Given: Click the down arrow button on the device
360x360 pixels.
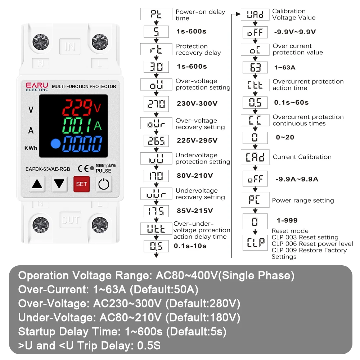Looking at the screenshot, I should [x=59, y=184].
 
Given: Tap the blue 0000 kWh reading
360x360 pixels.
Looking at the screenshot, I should [x=83, y=145].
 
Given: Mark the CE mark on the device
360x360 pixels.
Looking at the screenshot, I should [x=82, y=168].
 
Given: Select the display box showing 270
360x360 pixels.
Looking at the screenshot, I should [x=156, y=104].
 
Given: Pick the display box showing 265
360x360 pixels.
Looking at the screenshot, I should [x=156, y=140].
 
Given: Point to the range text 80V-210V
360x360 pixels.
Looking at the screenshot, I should [x=195, y=176].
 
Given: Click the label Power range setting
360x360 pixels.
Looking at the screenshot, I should [x=303, y=201].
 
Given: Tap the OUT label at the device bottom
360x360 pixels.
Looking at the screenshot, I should [x=70, y=220].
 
